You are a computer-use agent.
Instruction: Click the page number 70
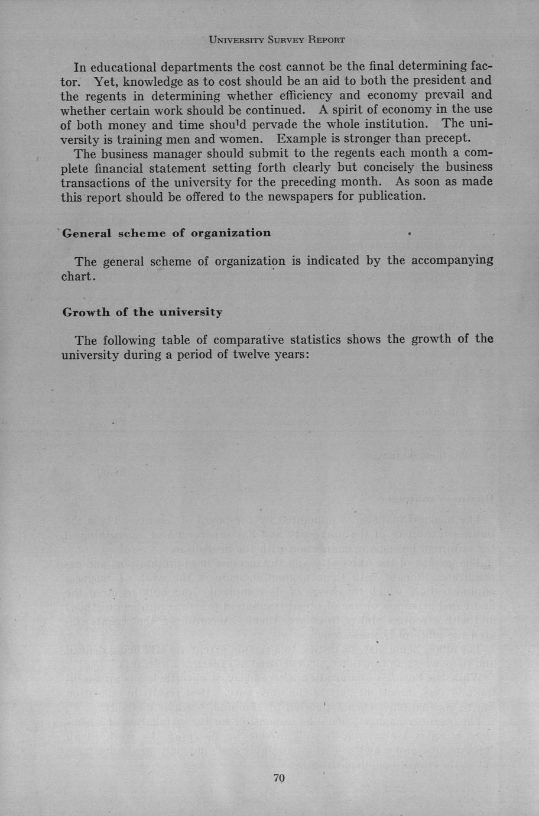279,778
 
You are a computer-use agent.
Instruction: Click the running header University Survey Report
277,40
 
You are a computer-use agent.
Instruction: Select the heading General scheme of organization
167,233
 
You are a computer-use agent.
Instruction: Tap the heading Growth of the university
142,312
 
